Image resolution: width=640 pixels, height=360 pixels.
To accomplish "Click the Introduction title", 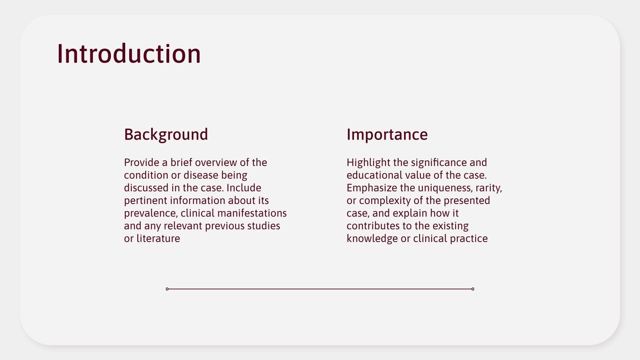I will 129,54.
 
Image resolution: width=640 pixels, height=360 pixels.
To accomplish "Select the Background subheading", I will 166,134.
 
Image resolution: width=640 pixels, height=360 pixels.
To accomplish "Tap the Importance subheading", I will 387,134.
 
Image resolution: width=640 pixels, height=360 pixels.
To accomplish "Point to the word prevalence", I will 150,213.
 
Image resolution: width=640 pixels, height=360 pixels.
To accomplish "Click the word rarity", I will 488,188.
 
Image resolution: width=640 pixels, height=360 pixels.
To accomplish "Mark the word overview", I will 216,162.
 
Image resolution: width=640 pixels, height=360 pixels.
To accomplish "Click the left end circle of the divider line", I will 167,289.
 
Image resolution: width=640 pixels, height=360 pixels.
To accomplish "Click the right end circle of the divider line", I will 473,289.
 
